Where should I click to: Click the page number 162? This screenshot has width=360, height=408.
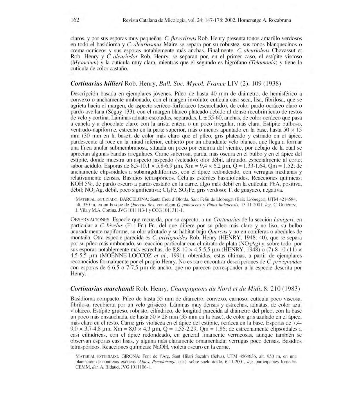tap(75, 20)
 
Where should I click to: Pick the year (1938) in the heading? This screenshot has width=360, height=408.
tap(272, 84)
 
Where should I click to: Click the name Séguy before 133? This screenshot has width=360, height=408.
tap(116, 112)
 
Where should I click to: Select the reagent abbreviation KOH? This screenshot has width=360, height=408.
tap(77, 184)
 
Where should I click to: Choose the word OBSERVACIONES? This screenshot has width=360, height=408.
tap(91, 220)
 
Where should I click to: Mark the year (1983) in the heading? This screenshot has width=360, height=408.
tap(291, 289)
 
